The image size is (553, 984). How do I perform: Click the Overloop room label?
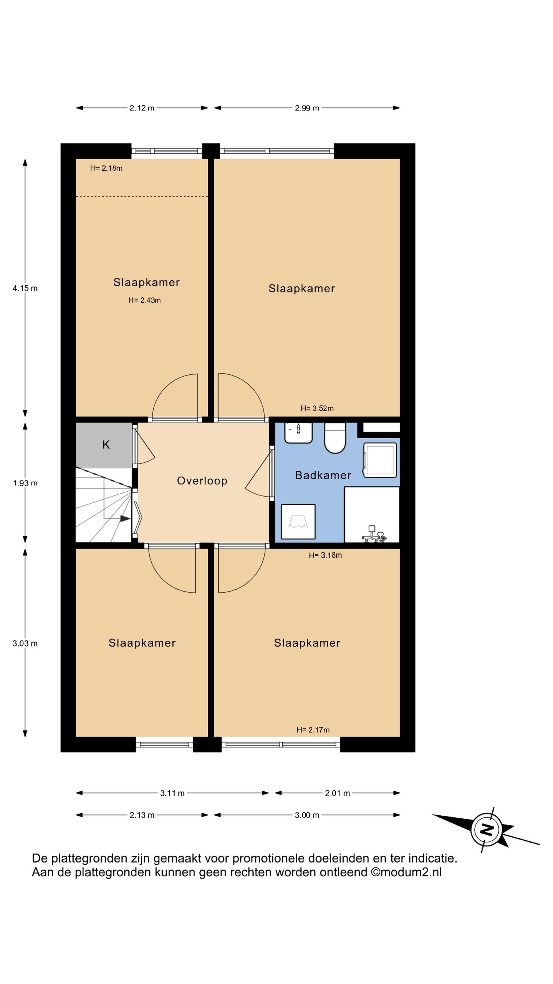point(202,480)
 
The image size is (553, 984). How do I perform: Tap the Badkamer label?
point(323,475)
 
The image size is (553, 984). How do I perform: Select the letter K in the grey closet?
point(106,445)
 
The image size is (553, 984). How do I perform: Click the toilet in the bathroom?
point(335,438)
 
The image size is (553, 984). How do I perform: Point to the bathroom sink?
point(298,433)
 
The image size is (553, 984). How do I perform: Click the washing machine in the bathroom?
point(380,460)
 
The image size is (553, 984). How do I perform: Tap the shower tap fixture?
point(373,535)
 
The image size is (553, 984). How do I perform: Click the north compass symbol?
point(487,829)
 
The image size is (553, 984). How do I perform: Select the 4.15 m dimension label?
point(25,288)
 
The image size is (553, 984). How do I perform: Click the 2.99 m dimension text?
point(307,108)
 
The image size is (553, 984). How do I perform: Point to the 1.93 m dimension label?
point(25,483)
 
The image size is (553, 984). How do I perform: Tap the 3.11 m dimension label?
point(172,793)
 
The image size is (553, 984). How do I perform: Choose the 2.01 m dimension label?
point(338,793)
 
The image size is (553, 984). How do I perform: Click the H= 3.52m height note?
point(317,408)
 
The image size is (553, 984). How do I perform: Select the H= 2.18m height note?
point(106,168)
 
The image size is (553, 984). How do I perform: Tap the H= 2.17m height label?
point(313,730)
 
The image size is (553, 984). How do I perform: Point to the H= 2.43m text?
point(144,300)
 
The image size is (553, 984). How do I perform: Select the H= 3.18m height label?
point(325,555)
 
